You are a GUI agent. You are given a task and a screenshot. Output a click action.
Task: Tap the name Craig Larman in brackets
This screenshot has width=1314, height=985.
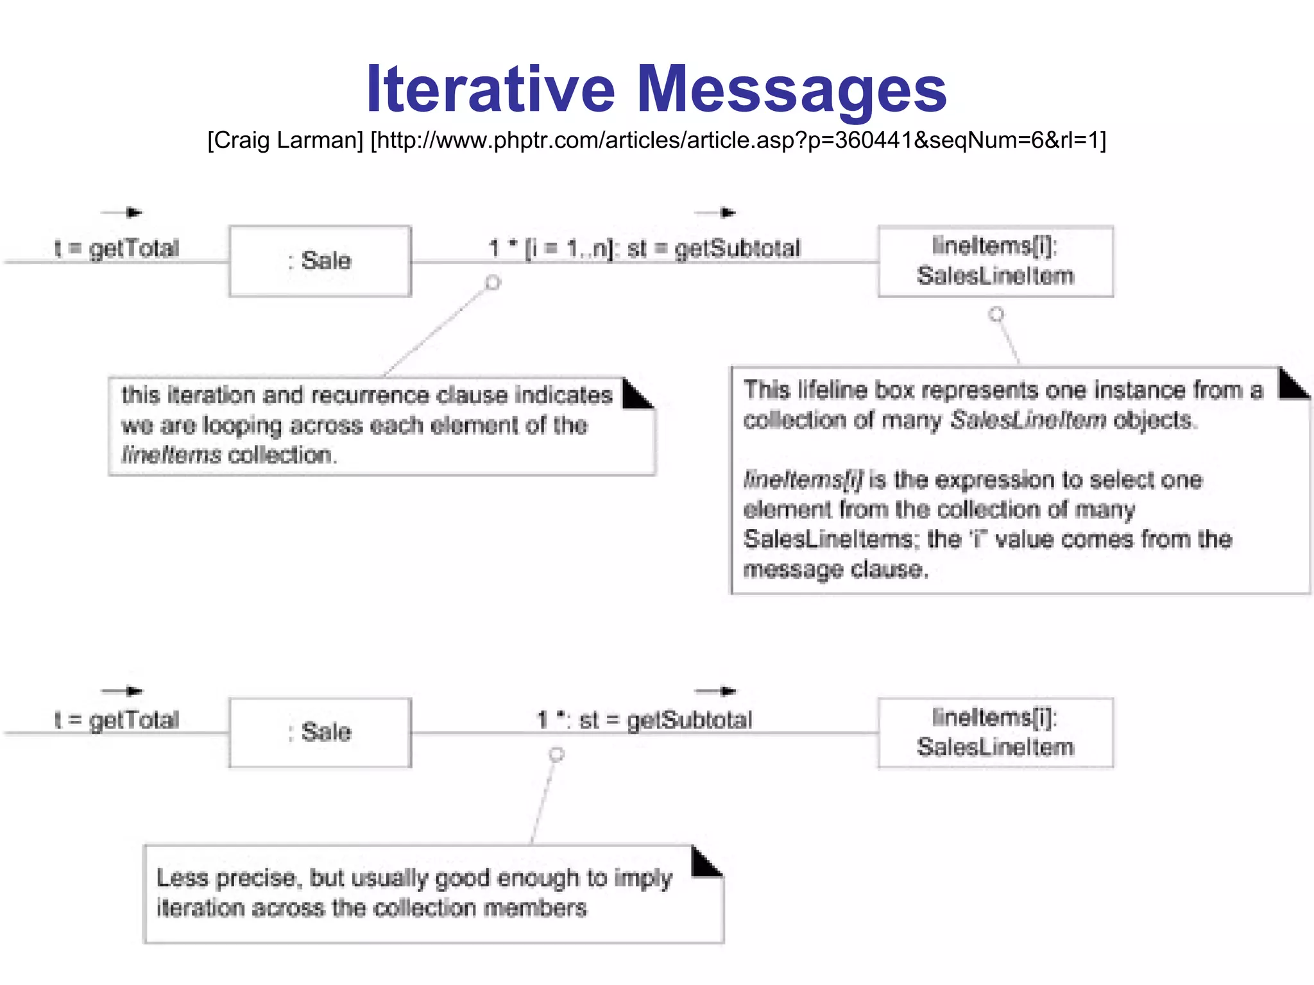(x=286, y=140)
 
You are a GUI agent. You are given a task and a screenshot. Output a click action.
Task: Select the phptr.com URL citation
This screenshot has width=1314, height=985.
(x=738, y=140)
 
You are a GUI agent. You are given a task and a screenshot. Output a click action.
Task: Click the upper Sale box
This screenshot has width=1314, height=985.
(x=320, y=261)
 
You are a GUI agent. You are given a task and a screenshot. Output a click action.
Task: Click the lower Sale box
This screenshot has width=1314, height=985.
(x=320, y=732)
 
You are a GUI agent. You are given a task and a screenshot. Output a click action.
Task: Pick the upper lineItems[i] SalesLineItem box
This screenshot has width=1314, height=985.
(x=995, y=261)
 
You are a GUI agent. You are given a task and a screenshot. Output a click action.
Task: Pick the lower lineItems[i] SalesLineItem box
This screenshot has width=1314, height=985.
(x=995, y=732)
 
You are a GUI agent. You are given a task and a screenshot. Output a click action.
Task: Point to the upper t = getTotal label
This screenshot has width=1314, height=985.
(x=117, y=248)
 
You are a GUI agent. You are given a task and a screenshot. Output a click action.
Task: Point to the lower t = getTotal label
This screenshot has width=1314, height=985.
(x=117, y=720)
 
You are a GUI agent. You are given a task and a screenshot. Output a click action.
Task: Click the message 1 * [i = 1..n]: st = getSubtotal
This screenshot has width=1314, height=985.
(x=644, y=248)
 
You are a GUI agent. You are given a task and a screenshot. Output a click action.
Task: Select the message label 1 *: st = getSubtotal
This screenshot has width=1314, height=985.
(x=644, y=720)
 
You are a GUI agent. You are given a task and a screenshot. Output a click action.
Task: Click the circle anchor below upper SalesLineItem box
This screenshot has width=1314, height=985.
(x=996, y=314)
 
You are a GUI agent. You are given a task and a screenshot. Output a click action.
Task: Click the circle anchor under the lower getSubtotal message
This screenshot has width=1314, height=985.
(x=557, y=754)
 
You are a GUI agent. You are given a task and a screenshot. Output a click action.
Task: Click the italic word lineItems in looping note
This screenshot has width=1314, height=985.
(x=171, y=455)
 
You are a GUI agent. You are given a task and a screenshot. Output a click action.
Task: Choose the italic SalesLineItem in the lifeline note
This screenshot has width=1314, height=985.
(x=1028, y=420)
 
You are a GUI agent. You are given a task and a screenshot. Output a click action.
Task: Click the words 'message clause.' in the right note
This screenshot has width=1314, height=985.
(x=835, y=569)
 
